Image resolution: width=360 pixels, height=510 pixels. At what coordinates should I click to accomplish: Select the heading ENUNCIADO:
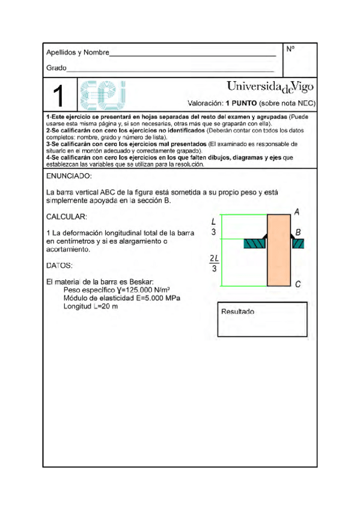tap(69, 177)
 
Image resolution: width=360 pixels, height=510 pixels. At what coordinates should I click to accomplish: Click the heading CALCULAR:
tap(67, 217)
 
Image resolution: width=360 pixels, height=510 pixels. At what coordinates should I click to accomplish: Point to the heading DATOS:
tap(59, 265)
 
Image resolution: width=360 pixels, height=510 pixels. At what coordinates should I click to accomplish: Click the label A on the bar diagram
tap(297, 212)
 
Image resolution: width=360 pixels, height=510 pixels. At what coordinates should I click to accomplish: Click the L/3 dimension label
tap(214, 226)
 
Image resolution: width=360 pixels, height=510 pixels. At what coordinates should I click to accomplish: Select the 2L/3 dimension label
tap(214, 263)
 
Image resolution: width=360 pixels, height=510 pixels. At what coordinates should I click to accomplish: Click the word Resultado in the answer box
tap(237, 312)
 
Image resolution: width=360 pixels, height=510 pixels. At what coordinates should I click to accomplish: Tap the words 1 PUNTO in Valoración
tap(242, 103)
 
